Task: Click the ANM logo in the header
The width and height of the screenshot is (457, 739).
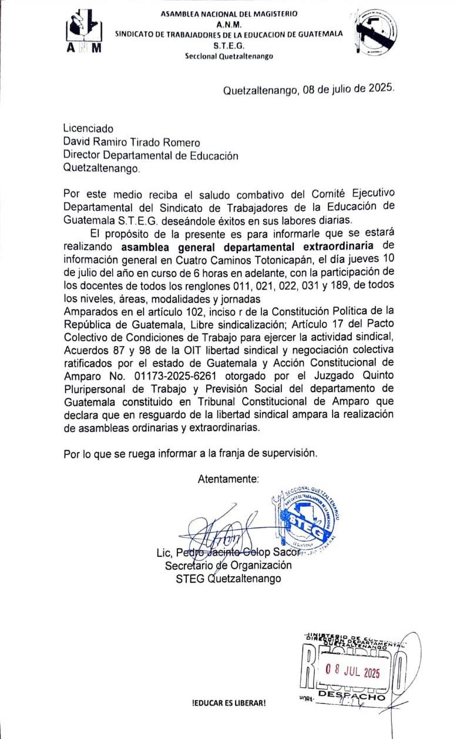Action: tap(85, 33)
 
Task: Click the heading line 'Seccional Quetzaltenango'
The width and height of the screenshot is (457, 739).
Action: tap(228, 56)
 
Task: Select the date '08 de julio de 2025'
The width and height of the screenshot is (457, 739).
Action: tap(347, 90)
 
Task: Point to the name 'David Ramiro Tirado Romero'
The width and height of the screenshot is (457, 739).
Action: tap(132, 142)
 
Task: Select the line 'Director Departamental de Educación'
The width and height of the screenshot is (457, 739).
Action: tap(151, 156)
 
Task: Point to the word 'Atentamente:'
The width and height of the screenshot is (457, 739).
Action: tap(228, 479)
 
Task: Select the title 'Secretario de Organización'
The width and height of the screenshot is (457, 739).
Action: tap(228, 565)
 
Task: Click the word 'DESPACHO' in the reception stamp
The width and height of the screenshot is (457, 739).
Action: tap(351, 697)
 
